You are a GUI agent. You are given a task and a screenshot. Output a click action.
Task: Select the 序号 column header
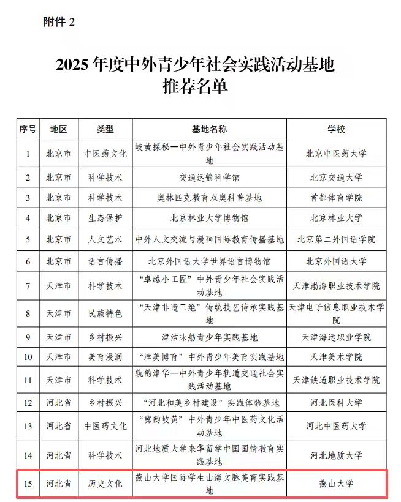(x=28, y=129)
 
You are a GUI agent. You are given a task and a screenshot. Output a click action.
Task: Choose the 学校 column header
(x=336, y=129)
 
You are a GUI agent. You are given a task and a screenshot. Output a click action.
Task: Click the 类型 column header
(x=105, y=129)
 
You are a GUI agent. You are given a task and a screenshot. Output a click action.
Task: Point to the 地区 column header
(x=59, y=129)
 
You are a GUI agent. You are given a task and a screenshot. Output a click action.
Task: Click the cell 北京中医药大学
(x=336, y=154)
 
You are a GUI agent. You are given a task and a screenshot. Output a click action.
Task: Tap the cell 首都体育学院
(x=336, y=198)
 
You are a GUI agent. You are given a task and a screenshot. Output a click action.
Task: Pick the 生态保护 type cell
(x=105, y=218)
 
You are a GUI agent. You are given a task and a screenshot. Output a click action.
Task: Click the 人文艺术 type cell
(x=105, y=239)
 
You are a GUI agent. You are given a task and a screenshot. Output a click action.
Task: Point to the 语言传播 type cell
(x=105, y=261)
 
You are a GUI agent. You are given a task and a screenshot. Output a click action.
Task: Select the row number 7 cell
(x=28, y=286)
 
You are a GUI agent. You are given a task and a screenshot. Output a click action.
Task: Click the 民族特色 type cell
(x=105, y=313)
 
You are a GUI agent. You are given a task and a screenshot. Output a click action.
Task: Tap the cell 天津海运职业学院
(x=336, y=337)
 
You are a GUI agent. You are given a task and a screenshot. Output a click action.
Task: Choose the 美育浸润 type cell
(x=105, y=357)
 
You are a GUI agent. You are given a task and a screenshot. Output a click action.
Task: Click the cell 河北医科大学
(x=336, y=403)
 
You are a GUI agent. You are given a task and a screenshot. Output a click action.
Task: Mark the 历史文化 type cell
(x=105, y=484)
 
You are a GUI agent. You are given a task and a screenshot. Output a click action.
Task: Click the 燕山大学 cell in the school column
(x=336, y=484)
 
